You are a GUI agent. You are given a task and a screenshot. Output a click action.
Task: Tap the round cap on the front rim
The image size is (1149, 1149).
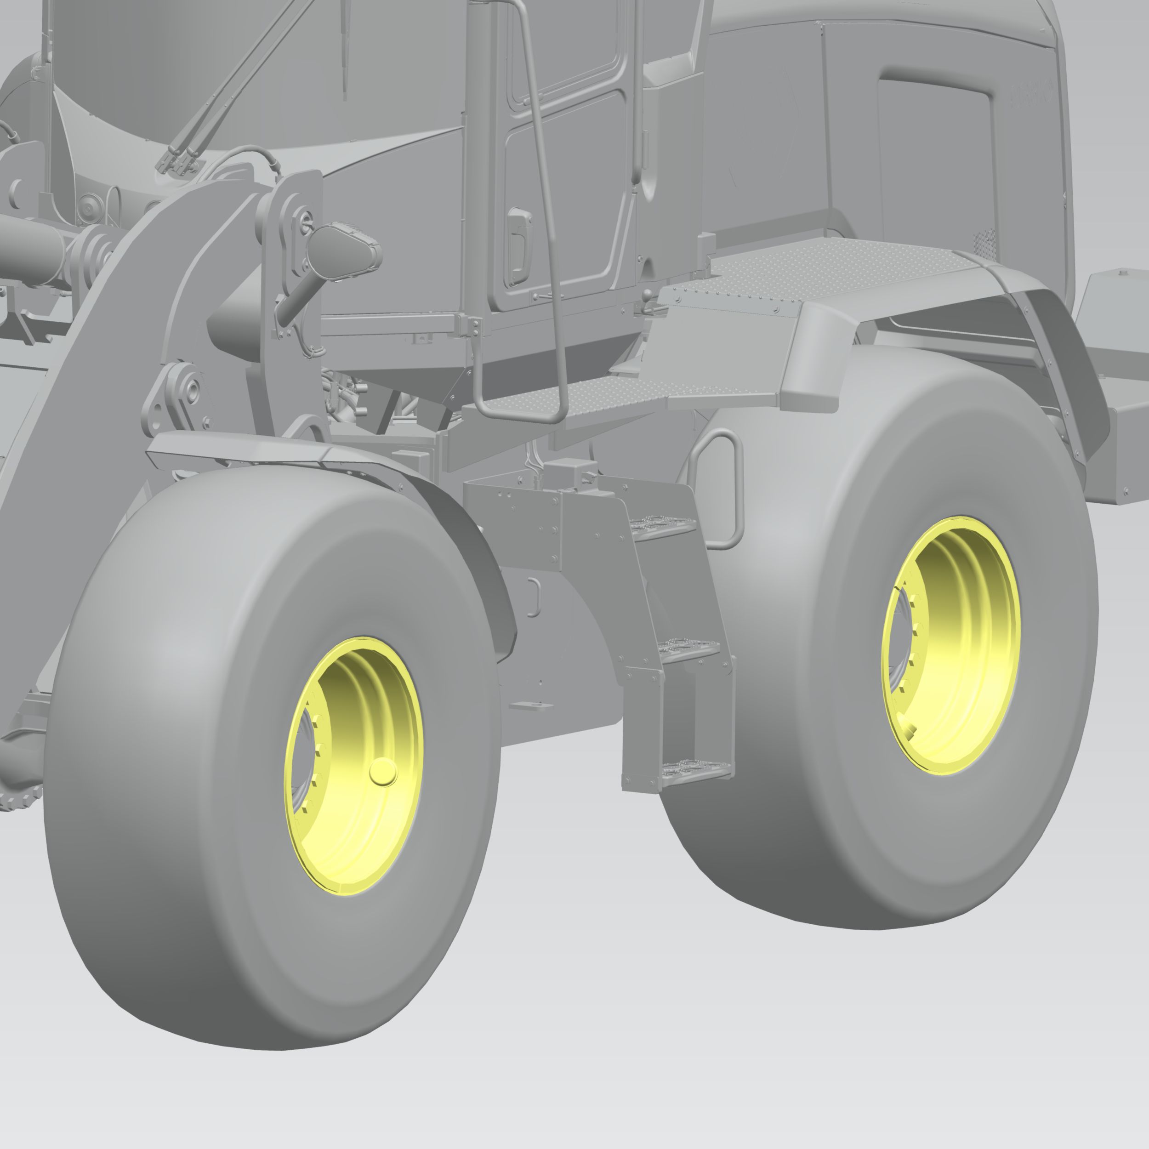[383, 772]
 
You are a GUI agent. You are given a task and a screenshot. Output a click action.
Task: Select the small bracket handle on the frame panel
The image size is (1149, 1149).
[534, 597]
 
